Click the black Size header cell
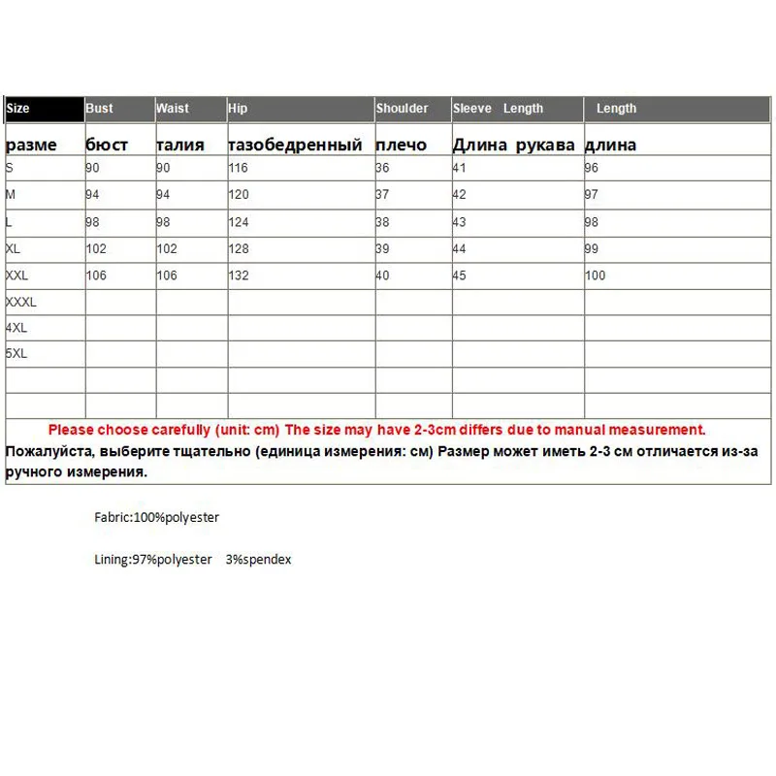(x=45, y=109)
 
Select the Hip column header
(x=239, y=109)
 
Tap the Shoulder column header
(x=403, y=109)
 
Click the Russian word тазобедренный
(x=295, y=145)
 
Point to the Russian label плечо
(x=401, y=145)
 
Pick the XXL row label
(x=17, y=275)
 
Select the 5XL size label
(x=16, y=354)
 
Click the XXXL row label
(x=21, y=303)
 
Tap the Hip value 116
(x=239, y=168)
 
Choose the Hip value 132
(x=239, y=275)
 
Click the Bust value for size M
(x=93, y=195)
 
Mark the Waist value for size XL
(x=167, y=248)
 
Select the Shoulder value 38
(x=382, y=222)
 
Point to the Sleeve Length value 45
(x=460, y=275)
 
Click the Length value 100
(x=595, y=275)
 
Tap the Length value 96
(x=592, y=168)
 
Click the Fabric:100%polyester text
(x=156, y=518)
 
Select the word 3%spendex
(x=258, y=560)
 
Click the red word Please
(x=71, y=430)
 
